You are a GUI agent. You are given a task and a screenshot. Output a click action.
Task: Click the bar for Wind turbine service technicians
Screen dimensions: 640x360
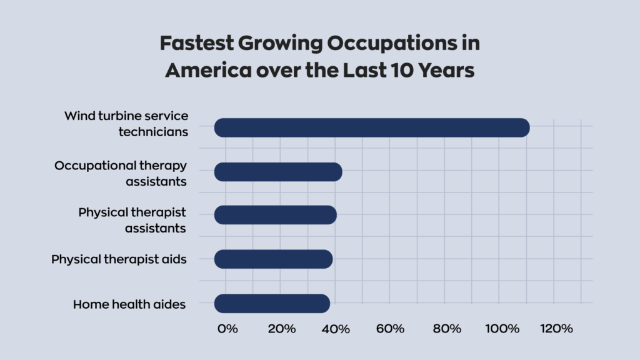[x=372, y=127]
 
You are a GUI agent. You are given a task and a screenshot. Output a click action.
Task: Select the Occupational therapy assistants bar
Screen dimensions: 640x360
[x=278, y=172]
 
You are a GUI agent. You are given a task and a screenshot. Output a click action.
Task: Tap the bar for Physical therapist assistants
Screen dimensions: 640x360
[x=276, y=215]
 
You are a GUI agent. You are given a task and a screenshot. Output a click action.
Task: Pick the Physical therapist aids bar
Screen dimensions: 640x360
[x=274, y=259]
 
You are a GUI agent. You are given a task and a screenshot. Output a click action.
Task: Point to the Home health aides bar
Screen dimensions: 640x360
[x=272, y=304]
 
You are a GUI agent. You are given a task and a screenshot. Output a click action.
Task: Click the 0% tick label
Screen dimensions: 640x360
[x=227, y=329]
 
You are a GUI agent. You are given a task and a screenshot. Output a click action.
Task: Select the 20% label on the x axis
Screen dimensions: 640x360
[x=282, y=329]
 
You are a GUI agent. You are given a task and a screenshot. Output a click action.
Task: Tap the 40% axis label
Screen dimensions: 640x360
[x=336, y=329]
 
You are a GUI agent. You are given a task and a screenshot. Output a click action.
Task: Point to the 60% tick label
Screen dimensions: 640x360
[x=390, y=329]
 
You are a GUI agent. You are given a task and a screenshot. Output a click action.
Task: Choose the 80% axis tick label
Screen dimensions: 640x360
[x=447, y=329]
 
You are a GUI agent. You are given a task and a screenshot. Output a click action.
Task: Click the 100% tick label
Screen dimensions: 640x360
[x=502, y=329]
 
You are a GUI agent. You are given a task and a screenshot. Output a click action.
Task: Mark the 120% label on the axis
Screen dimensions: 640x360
[x=556, y=329]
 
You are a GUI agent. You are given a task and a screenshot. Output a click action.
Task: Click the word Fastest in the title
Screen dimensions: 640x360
[x=197, y=43]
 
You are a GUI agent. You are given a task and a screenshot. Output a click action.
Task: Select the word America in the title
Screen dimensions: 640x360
[x=209, y=70]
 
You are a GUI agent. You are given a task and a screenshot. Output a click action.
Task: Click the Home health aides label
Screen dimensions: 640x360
[x=129, y=304]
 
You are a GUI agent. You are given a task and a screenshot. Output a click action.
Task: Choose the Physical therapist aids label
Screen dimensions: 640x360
[x=119, y=259]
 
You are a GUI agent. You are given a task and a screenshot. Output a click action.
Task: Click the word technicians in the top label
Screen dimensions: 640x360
[x=154, y=132]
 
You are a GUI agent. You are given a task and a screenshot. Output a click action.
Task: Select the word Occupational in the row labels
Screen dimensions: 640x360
[x=95, y=166]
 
